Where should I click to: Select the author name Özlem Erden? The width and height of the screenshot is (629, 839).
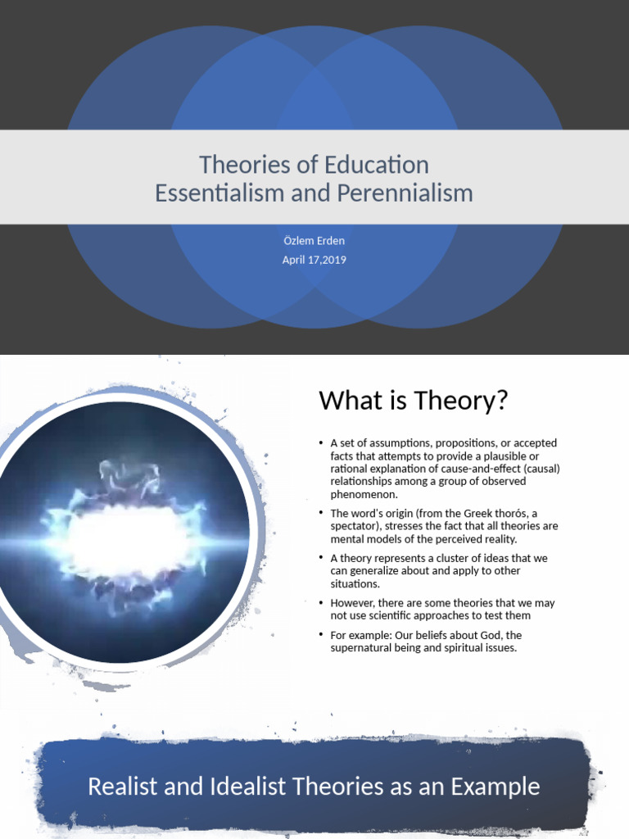pos(314,241)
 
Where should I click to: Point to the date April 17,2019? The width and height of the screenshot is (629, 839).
pos(314,260)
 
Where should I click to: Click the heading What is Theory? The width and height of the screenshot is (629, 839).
pos(414,401)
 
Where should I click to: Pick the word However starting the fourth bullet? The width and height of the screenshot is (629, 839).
pos(351,603)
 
